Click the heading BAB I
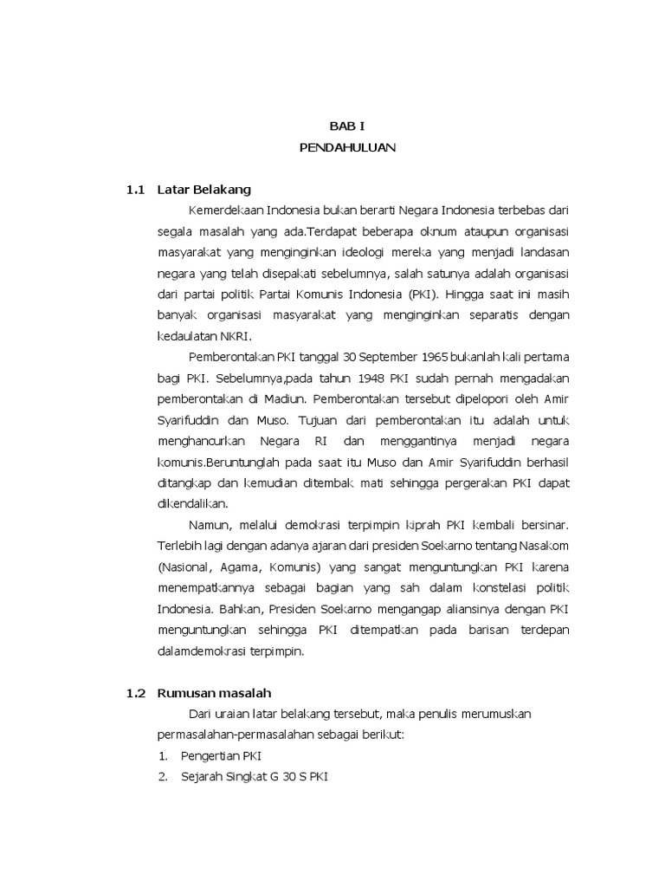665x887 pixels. [x=347, y=126]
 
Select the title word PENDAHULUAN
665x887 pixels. [x=347, y=148]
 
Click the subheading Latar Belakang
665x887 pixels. [x=203, y=190]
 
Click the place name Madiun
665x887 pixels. [x=287, y=399]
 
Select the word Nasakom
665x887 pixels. [x=544, y=547]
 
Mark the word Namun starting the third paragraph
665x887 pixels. [x=208, y=525]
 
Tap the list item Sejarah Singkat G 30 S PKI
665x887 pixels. [x=255, y=777]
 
